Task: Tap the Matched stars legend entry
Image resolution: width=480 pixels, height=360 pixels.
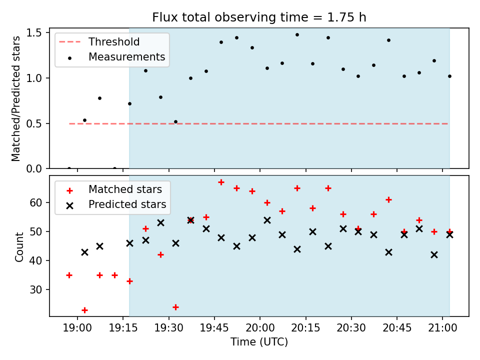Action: tap(114, 189)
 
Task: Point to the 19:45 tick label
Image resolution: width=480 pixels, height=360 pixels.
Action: tap(214, 328)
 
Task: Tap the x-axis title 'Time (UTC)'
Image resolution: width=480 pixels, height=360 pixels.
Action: tap(259, 341)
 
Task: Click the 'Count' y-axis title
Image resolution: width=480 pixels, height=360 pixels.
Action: tap(19, 247)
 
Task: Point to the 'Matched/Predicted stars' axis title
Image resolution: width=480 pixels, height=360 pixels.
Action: tap(16, 98)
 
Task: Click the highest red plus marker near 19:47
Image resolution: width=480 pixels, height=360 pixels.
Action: tap(221, 182)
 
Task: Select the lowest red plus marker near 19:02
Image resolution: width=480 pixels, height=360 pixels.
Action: tap(85, 310)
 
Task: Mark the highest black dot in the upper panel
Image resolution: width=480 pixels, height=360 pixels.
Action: tap(297, 35)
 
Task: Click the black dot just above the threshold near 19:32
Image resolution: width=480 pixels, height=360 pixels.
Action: tap(175, 122)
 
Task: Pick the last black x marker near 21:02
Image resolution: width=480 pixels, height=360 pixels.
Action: tap(449, 235)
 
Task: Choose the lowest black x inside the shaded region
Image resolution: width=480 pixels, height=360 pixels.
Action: tap(434, 254)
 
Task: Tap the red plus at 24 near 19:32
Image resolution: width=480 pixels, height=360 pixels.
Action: tap(175, 307)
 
